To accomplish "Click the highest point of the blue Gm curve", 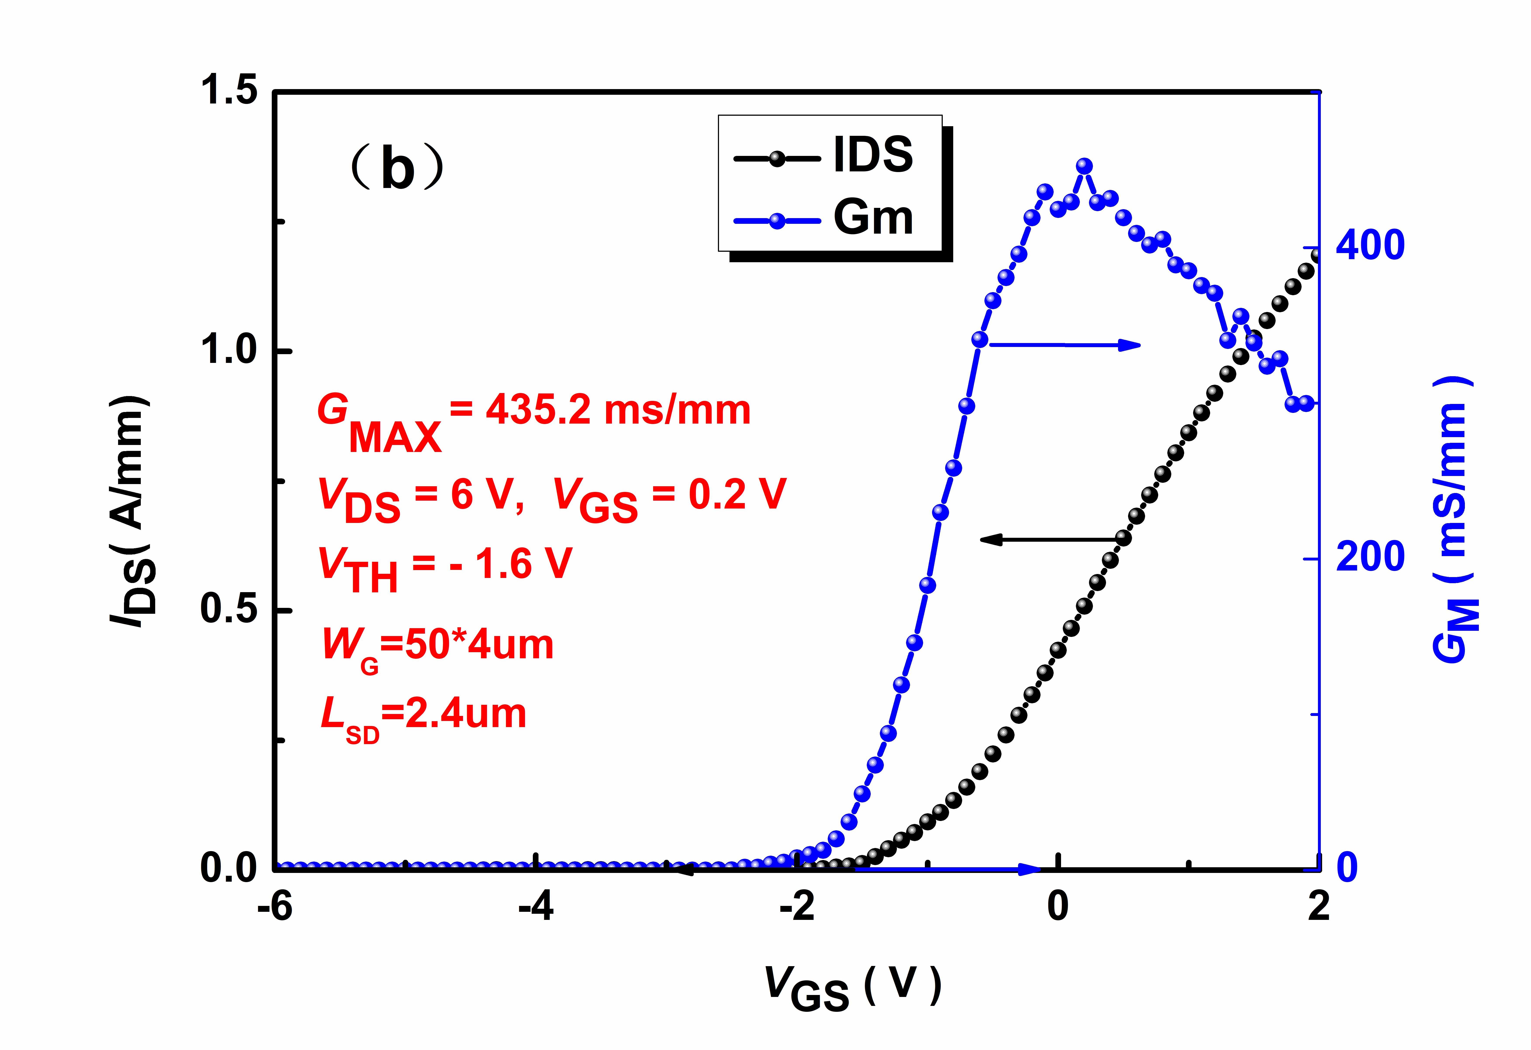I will tap(1084, 166).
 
